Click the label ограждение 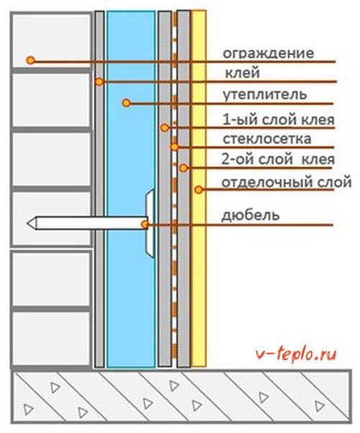(268, 53)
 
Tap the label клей (243, 73)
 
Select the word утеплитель (265, 94)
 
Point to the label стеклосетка (267, 138)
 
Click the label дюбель (251, 215)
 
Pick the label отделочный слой (287, 183)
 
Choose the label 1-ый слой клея (279, 120)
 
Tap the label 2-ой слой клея (278, 159)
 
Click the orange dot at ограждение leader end (30, 60)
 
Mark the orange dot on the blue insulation (127, 103)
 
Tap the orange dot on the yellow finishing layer (199, 189)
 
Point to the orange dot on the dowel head (145, 224)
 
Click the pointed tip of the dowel (27, 223)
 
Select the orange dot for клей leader (99, 81)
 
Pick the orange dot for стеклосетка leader (174, 147)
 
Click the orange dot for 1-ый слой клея (165, 128)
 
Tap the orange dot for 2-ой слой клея (184, 168)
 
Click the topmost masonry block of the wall (51, 40)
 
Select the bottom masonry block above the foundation (51, 339)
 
